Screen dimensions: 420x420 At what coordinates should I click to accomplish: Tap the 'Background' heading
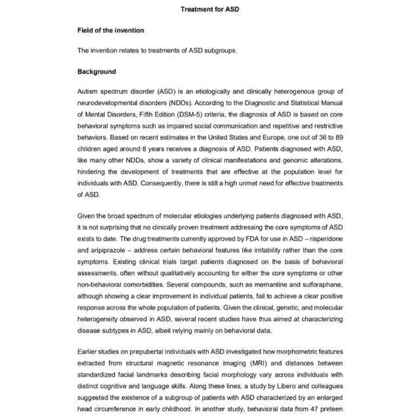(x=96, y=72)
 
